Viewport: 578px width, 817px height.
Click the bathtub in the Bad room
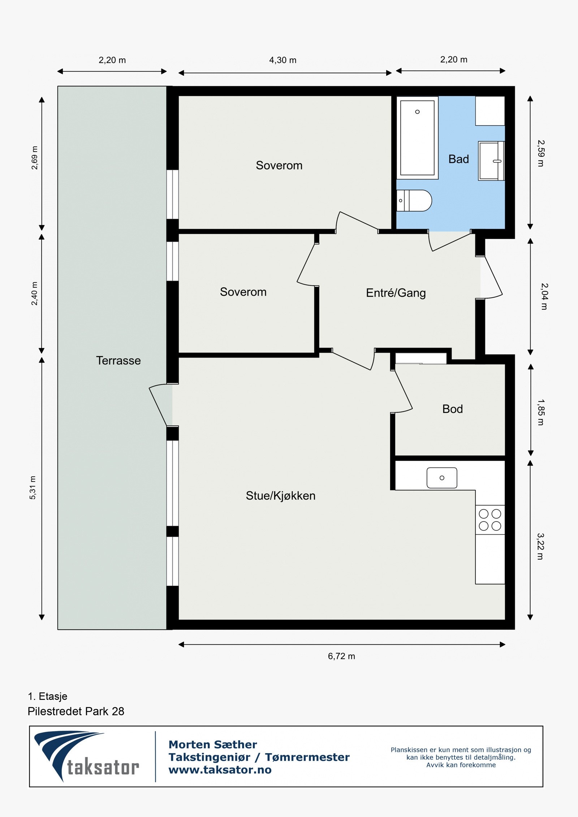(417, 138)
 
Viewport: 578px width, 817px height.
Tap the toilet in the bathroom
(414, 200)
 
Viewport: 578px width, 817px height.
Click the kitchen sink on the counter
(442, 478)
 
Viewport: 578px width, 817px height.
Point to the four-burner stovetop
(490, 520)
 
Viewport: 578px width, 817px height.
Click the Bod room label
(452, 409)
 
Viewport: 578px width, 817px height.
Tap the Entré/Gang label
(396, 292)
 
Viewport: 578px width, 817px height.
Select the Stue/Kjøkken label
(280, 495)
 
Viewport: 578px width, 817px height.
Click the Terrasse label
(118, 360)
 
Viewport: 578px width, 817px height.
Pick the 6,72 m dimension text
(341, 656)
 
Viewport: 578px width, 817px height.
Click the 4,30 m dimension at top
(282, 60)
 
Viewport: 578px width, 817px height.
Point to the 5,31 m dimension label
(33, 488)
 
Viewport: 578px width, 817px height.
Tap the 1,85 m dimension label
(540, 412)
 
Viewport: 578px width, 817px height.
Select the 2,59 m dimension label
(540, 153)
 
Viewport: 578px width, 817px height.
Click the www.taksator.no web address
(220, 770)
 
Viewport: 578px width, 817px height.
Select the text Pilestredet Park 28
(76, 711)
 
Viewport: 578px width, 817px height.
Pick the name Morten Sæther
(212, 744)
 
